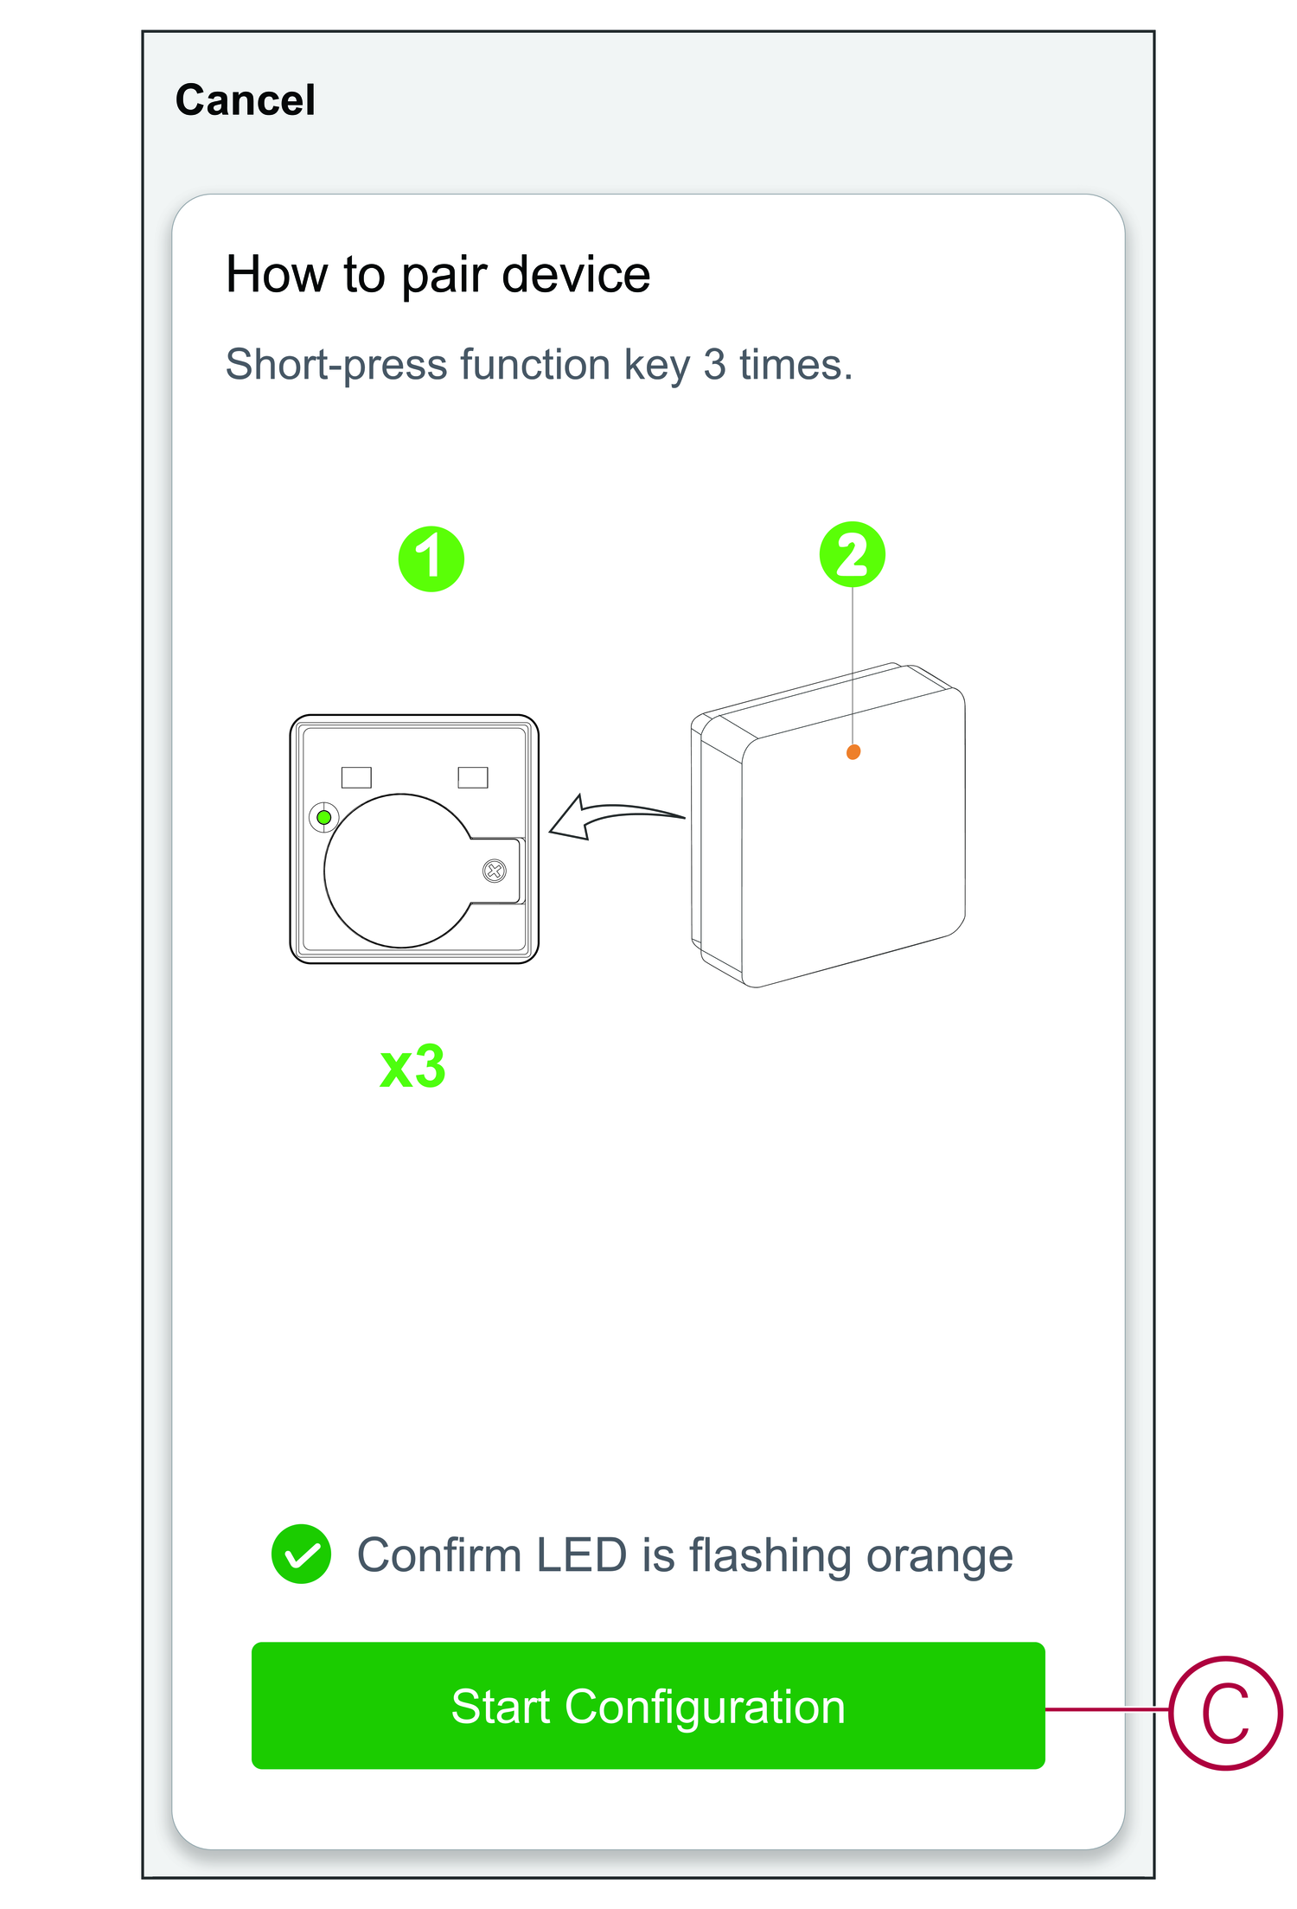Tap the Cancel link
coord(246,100)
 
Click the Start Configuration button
coord(648,1705)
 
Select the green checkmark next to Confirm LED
coord(301,1554)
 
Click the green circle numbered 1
coord(431,559)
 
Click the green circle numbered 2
coord(853,554)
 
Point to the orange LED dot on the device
coord(853,752)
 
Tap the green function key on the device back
coord(324,817)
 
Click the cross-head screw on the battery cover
coord(495,871)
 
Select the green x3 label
coord(412,1067)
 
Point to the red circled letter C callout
coord(1225,1713)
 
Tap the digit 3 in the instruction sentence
coord(714,364)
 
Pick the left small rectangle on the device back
coord(356,777)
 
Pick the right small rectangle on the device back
coord(473,777)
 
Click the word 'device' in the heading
coord(576,275)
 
